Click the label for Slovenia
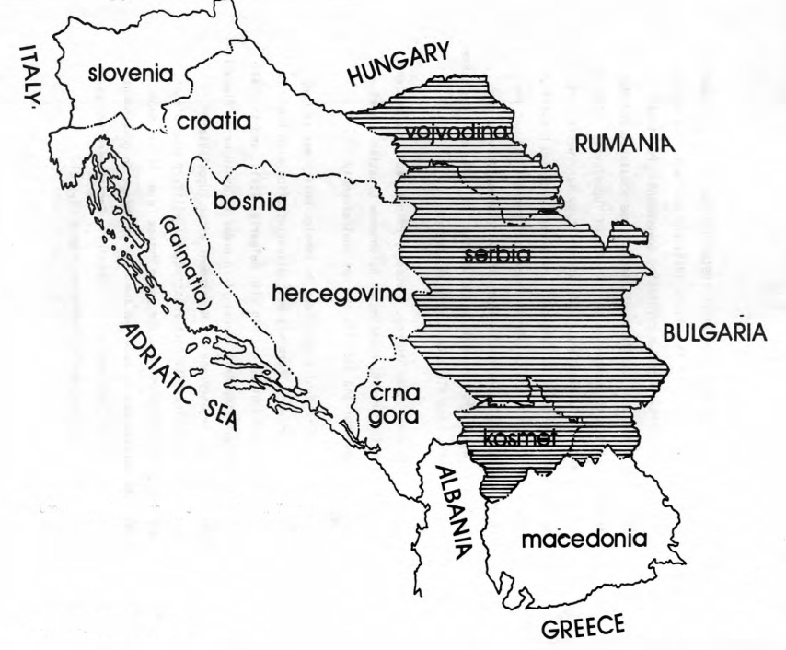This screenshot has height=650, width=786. [x=130, y=72]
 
